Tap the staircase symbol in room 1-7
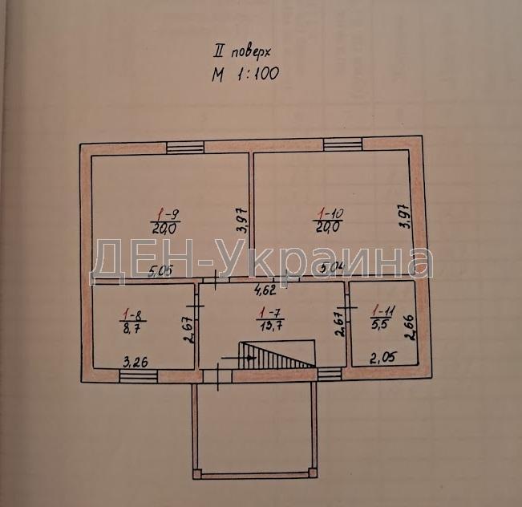(x=277, y=354)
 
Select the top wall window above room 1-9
(x=185, y=146)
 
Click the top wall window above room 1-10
(x=342, y=145)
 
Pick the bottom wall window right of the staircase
(x=329, y=372)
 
